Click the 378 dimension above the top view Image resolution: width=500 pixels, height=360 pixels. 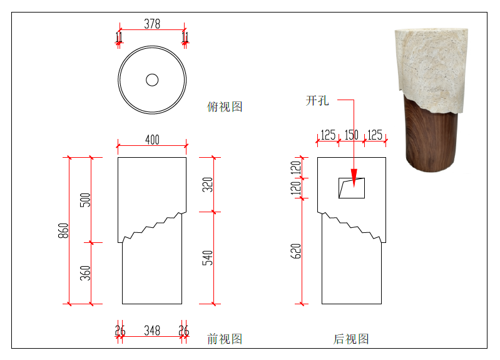tap(152, 24)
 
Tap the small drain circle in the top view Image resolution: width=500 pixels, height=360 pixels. tap(152, 80)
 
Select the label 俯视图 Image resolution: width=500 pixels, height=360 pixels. tap(225, 106)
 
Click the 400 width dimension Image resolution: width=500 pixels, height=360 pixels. tap(152, 140)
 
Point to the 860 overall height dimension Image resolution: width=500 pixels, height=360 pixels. tap(63, 230)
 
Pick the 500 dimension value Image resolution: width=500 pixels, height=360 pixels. tap(85, 200)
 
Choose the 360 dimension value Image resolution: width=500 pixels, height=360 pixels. tap(85, 273)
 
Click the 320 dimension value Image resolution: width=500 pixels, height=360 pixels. tap(208, 185)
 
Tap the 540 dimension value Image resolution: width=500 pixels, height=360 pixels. tap(208, 258)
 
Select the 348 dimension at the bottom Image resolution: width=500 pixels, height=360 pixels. tap(152, 331)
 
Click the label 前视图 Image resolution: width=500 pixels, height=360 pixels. tap(225, 339)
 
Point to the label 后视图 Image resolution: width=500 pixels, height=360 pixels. tap(351, 339)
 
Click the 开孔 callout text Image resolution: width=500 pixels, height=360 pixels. tap(317, 101)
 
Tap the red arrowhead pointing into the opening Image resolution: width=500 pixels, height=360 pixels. tap(354, 178)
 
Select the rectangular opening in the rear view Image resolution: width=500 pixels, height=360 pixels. tap(352, 188)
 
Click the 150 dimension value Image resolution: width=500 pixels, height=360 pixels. tap(352, 135)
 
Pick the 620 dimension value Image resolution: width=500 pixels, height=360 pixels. tap(295, 251)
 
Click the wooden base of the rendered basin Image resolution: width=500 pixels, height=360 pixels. tap(431, 137)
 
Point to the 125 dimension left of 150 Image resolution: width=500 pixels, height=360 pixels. tap(328, 135)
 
